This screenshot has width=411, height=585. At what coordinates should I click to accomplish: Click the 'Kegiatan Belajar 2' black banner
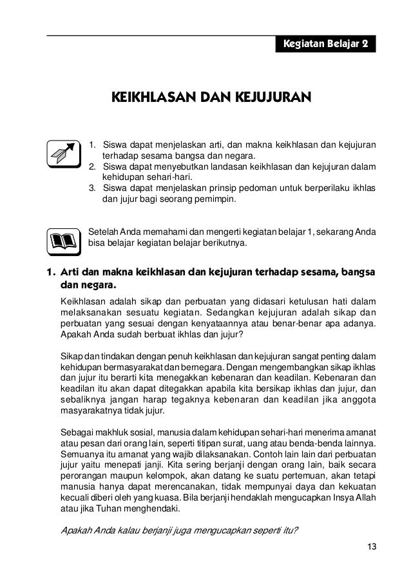coord(326,45)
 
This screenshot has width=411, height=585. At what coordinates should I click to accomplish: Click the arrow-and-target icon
coord(62,154)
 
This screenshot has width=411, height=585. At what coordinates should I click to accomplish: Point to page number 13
coord(371,548)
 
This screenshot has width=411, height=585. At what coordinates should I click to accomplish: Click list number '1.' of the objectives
coord(93,143)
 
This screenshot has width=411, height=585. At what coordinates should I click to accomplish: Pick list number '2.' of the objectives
coord(93,166)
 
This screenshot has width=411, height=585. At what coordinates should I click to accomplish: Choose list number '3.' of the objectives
coord(93,188)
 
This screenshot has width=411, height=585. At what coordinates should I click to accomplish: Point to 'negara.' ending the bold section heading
coord(99,284)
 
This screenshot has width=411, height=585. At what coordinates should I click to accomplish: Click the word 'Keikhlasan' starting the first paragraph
coord(82,301)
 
